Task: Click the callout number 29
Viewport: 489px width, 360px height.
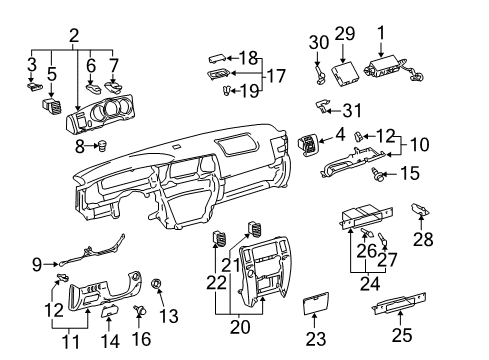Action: pyautogui.click(x=345, y=36)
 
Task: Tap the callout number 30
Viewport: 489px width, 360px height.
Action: pyautogui.click(x=318, y=42)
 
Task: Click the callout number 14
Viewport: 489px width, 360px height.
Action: pyautogui.click(x=110, y=341)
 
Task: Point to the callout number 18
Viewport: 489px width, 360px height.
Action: pyautogui.click(x=248, y=58)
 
